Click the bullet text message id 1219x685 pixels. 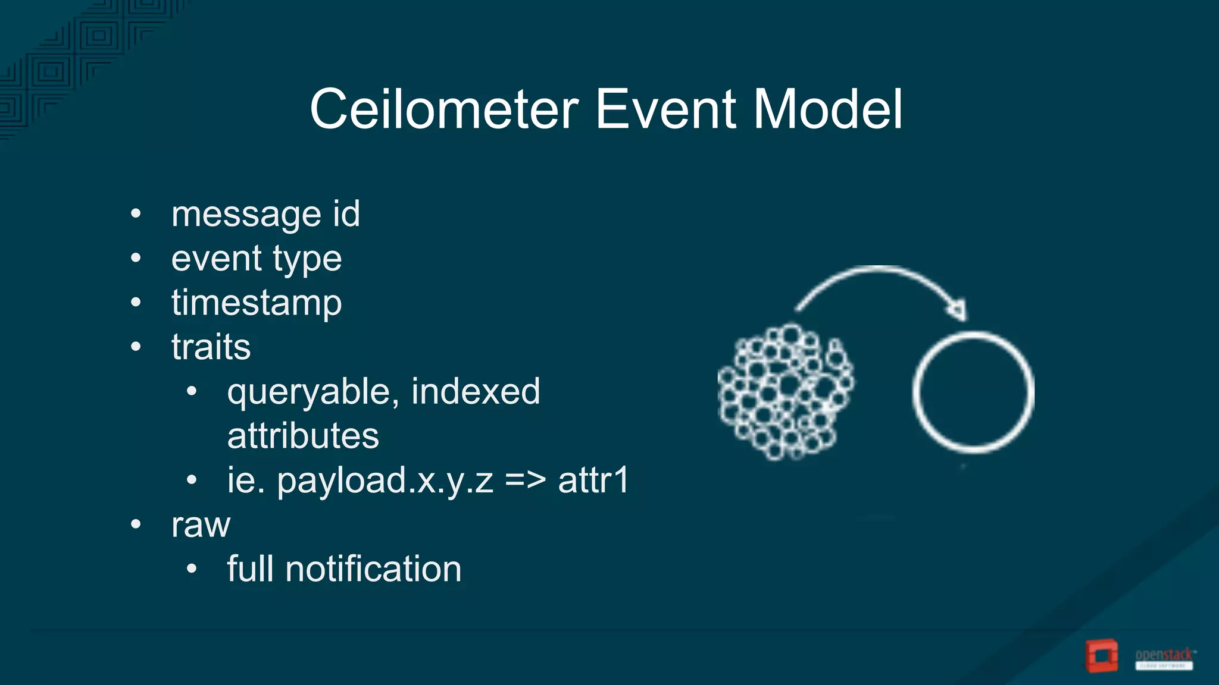(x=265, y=214)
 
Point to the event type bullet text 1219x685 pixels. (x=257, y=259)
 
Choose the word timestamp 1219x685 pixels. (x=257, y=303)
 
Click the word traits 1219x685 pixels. (x=211, y=347)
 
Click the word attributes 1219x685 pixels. (x=303, y=436)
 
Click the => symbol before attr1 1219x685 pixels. (x=525, y=480)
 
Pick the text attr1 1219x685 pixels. (x=593, y=480)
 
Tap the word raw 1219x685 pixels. (x=201, y=526)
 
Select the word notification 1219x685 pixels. (x=373, y=569)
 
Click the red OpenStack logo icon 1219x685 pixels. (x=1101, y=656)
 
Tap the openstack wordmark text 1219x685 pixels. (x=1164, y=655)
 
